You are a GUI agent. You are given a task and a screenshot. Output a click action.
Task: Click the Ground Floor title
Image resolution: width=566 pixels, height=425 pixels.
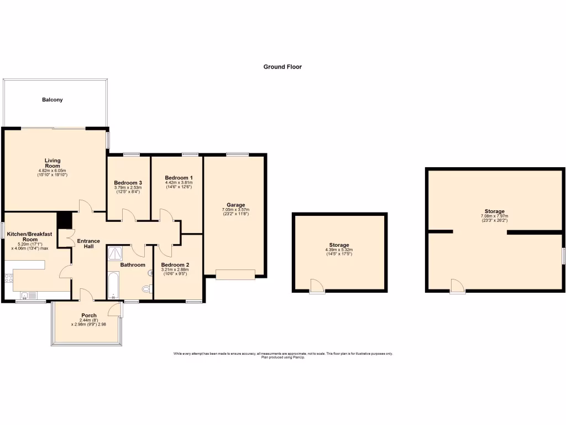(x=282, y=67)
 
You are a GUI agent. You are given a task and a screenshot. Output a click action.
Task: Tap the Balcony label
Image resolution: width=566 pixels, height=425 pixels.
(x=53, y=100)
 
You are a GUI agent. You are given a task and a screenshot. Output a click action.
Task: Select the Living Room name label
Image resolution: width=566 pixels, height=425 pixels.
(x=53, y=163)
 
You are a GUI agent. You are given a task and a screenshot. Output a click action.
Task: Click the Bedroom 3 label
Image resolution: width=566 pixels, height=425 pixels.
(x=128, y=183)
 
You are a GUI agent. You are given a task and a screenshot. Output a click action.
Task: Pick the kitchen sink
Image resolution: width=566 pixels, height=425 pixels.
(x=27, y=295)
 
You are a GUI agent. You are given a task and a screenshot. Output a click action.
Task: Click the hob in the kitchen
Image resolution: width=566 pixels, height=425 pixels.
(x=9, y=279)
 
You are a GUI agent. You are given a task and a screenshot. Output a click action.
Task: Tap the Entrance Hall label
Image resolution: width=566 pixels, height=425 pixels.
(x=88, y=243)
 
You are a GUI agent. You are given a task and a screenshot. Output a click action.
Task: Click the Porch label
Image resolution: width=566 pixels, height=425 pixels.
(x=89, y=316)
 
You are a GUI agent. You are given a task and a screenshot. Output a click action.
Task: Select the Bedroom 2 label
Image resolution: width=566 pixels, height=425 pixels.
(x=175, y=265)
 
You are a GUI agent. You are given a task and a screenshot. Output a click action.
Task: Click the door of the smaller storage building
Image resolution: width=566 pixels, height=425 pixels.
(x=317, y=286)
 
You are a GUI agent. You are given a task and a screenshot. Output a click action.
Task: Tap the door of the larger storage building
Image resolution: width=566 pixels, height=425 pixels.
(x=457, y=286)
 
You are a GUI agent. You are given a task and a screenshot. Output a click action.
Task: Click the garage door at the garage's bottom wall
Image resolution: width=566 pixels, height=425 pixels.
(x=235, y=274)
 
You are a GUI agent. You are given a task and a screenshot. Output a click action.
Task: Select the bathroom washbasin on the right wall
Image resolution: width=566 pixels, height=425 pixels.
(x=150, y=272)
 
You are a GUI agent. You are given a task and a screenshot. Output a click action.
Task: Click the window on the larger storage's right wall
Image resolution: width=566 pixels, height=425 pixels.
(x=563, y=256)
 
